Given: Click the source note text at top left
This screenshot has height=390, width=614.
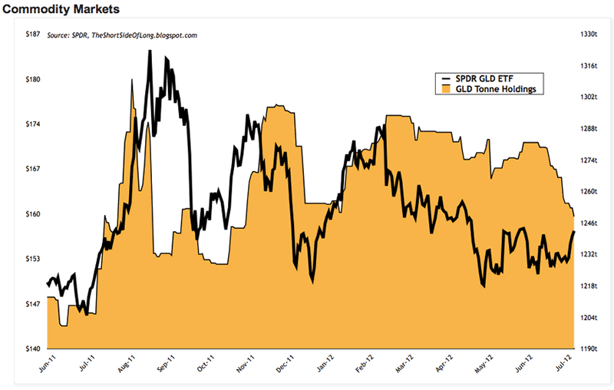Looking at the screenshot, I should click(x=122, y=35).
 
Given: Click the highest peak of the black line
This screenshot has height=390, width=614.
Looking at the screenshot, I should click(x=149, y=51).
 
